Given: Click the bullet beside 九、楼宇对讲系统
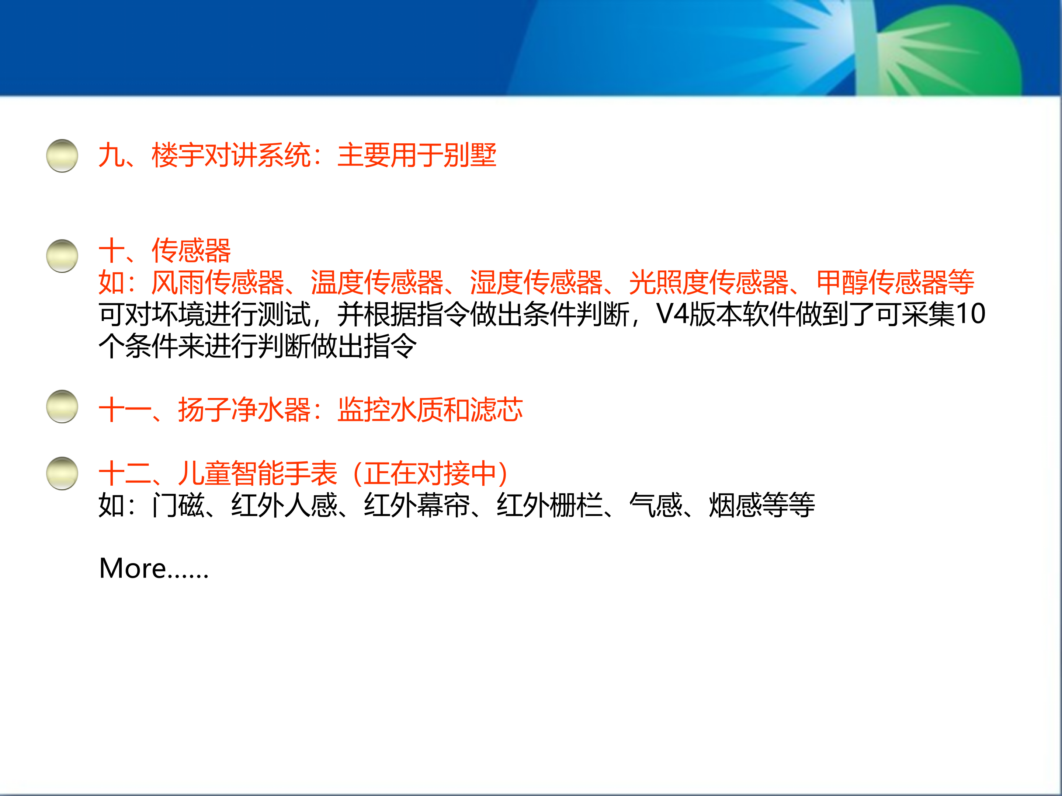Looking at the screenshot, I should pyautogui.click(x=62, y=156).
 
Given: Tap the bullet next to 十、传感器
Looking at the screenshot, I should pyautogui.click(x=62, y=256).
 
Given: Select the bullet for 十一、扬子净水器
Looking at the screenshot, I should pyautogui.click(x=62, y=406).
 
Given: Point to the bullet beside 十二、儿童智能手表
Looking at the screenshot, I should pyautogui.click(x=62, y=473).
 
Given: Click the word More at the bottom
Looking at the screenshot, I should pyautogui.click(x=132, y=568).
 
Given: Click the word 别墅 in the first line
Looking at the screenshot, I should pyautogui.click(x=469, y=156).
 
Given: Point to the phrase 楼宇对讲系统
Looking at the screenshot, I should pyautogui.click(x=231, y=156).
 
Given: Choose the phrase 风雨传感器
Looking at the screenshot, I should pyautogui.click(x=218, y=282).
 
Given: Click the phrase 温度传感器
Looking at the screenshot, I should pyautogui.click(x=377, y=282).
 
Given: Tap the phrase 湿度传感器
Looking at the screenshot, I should pyautogui.click(x=536, y=282).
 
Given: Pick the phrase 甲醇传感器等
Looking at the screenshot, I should pyautogui.click(x=895, y=282).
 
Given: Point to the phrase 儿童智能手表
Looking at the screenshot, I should pyautogui.click(x=258, y=474).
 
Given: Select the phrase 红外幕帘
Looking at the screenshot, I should pyautogui.click(x=417, y=505).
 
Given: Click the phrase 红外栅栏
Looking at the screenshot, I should pyautogui.click(x=549, y=505).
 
